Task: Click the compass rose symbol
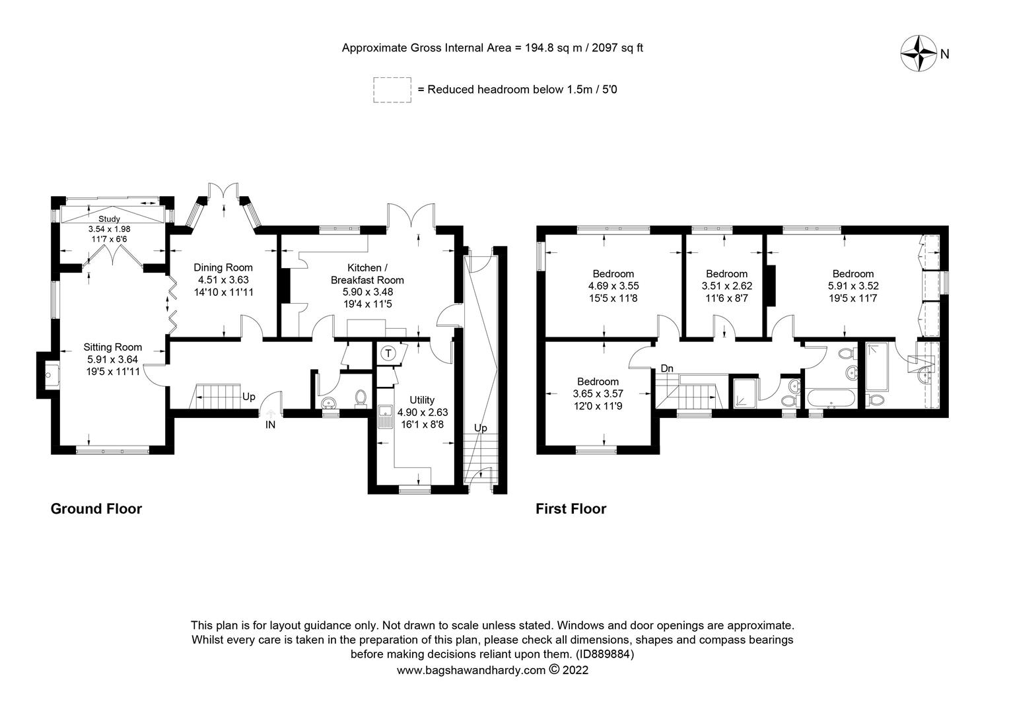pos(919,53)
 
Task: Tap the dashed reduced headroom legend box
pos(392,89)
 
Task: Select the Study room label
pos(110,219)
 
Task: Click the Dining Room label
pos(223,267)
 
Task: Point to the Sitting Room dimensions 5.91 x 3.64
pos(112,359)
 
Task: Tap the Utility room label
pos(422,399)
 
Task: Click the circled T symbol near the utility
pos(389,353)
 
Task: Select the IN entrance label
pos(270,425)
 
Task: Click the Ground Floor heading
pos(96,508)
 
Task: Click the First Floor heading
pos(571,508)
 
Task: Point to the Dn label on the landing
pos(667,368)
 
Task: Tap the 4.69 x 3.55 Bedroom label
pos(613,273)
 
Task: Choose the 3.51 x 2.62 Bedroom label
pos(726,273)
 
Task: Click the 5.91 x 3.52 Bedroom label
pos(853,273)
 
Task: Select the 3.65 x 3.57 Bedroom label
pos(598,381)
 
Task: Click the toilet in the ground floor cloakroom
pos(361,397)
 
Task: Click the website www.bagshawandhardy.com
pos(471,670)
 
